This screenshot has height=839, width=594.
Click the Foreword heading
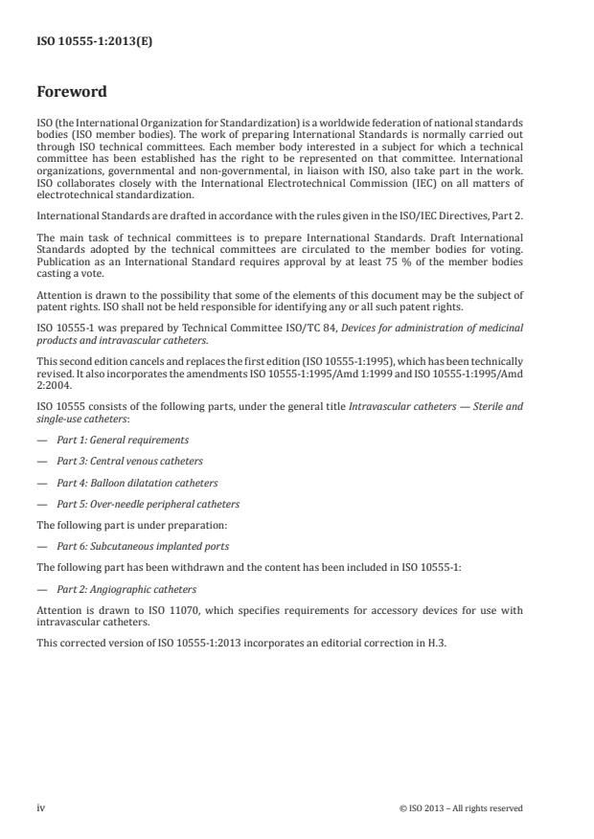pos(72,93)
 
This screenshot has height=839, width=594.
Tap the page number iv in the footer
pos(41,808)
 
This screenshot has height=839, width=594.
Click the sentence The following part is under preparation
pos(132,525)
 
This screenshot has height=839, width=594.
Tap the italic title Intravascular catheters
pos(430,406)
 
